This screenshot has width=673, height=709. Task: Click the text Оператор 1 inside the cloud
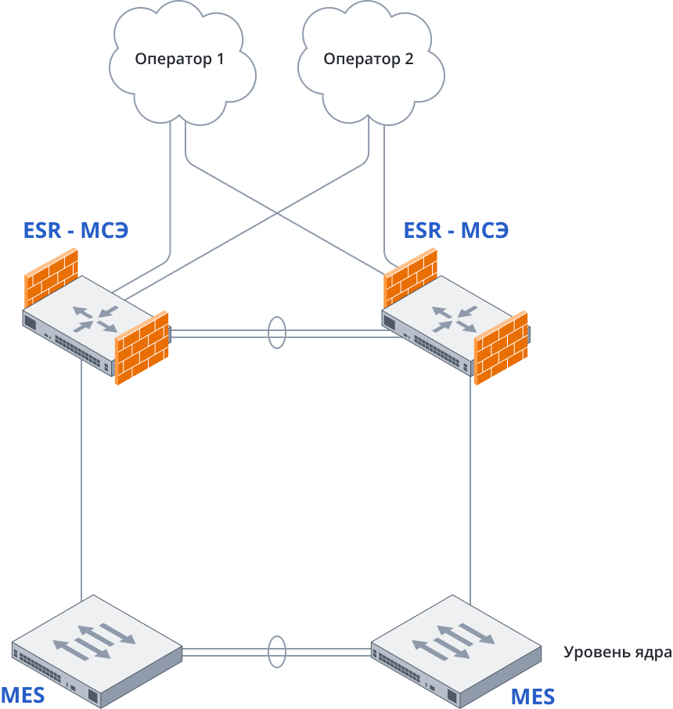click(180, 59)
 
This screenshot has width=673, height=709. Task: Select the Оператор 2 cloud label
click(369, 59)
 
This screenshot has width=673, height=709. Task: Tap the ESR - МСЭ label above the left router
click(76, 231)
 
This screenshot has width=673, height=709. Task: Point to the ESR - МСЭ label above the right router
click(457, 231)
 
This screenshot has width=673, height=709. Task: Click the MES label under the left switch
click(23, 694)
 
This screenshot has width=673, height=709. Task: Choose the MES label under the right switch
click(533, 696)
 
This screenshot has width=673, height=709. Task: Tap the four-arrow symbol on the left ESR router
click(95, 318)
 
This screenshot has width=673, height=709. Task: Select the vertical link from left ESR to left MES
click(82, 485)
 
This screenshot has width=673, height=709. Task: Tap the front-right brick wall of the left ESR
click(142, 348)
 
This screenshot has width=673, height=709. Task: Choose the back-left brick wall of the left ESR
click(52, 277)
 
